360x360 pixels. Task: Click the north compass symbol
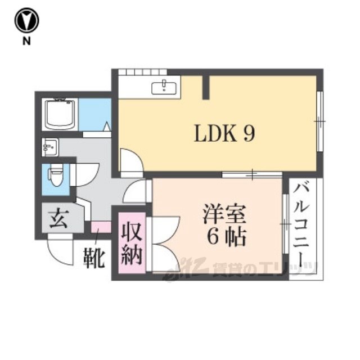coord(26,20)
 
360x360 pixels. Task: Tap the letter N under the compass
coord(26,41)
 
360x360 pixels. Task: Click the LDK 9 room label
coord(224,134)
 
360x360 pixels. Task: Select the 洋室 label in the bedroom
coord(224,214)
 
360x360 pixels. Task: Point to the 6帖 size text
coord(226,237)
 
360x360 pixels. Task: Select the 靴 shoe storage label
coord(94,258)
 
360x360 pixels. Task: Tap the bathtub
coord(60,114)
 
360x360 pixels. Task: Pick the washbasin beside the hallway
coord(50,147)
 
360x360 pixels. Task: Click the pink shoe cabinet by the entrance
coord(101,227)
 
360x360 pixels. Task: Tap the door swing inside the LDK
coord(132,163)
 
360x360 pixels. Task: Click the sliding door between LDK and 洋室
coord(252,174)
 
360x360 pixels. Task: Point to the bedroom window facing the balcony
coord(285,224)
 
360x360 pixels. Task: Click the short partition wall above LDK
coord(206,88)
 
